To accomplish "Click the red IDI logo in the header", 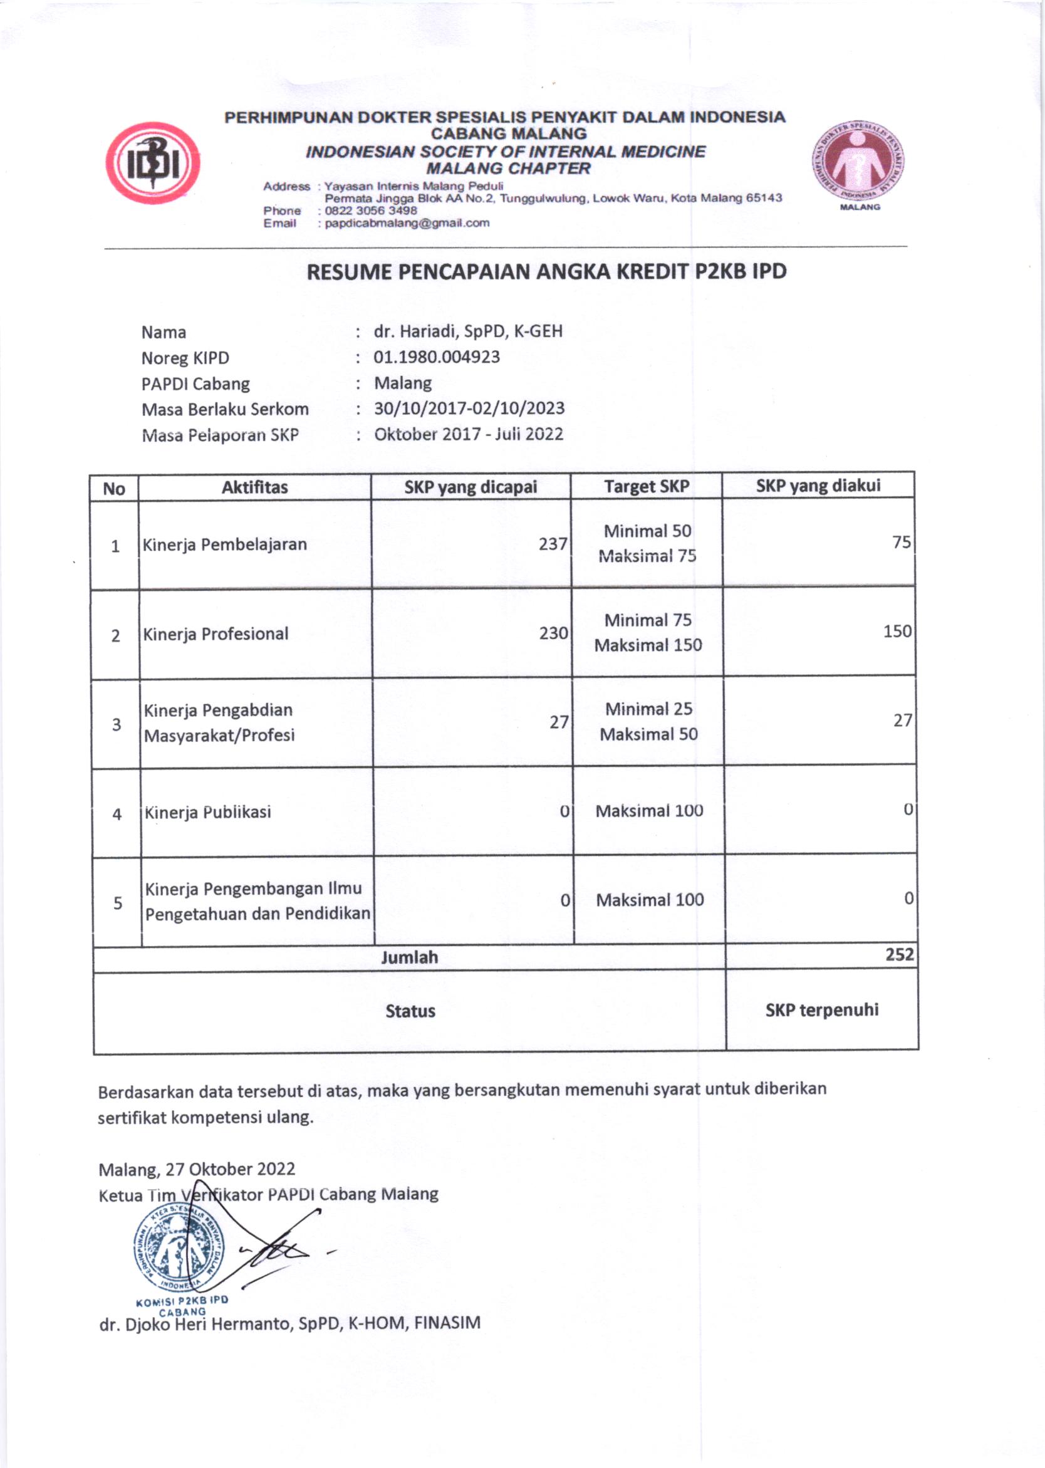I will coord(152,163).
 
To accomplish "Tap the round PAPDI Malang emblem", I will coord(859,161).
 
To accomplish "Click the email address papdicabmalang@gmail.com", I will coord(407,223).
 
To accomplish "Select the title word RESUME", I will coord(349,272).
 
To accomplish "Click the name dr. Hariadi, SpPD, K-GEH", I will coord(468,331).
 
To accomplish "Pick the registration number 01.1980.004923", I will coord(436,357).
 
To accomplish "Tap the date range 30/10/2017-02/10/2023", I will coord(469,409).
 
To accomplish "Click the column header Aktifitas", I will coord(255,487).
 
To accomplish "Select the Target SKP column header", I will coord(646,487).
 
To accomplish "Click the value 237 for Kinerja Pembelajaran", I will coord(553,544).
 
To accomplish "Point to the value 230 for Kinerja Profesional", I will coord(553,633).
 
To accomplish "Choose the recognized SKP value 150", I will coord(897,631).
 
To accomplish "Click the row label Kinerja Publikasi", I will coord(207,812).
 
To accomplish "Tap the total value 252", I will coord(899,954).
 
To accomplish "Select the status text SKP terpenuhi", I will coord(822,1010).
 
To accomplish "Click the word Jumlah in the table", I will coord(409,957).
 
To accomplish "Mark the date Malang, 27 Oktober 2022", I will coord(197,1169).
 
